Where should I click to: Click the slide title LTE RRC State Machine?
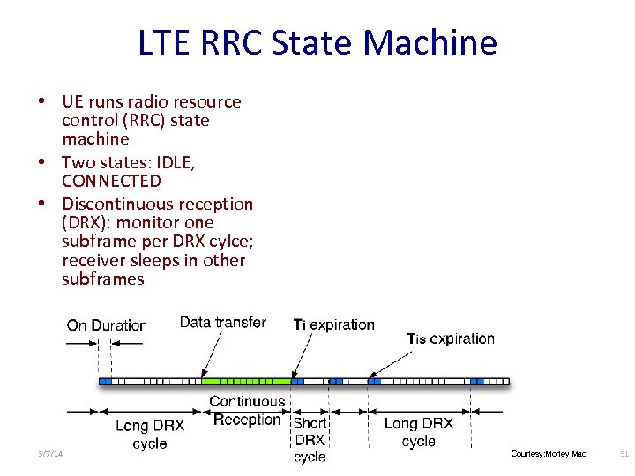[317, 42]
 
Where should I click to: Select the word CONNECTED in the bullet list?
[111, 182]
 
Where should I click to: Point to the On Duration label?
[107, 325]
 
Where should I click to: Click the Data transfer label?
[222, 323]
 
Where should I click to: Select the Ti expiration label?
[333, 325]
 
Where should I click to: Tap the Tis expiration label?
[450, 338]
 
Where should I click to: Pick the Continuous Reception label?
[247, 411]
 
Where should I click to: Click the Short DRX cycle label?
[310, 439]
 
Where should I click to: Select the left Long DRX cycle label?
[150, 434]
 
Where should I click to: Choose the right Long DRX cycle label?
[418, 432]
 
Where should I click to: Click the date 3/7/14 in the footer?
[50, 453]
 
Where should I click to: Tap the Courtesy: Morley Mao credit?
[548, 453]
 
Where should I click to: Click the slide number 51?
[624, 453]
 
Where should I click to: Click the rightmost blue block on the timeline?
[477, 382]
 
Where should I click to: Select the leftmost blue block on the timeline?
[105, 382]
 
